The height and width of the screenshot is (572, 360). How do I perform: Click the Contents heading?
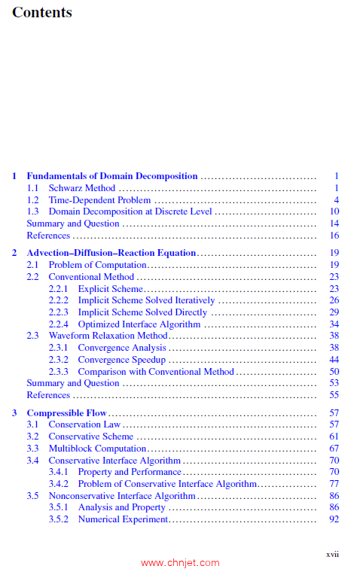click(42, 13)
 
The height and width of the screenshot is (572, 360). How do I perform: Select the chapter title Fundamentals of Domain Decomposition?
click(112, 176)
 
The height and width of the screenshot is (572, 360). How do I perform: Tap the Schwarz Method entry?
click(82, 188)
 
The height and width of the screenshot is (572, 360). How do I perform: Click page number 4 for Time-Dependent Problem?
click(337, 200)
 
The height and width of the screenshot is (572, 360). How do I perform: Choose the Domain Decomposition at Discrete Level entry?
click(130, 211)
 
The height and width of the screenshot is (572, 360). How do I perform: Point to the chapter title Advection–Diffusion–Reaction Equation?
click(111, 253)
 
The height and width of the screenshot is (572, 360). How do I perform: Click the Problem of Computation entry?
click(97, 265)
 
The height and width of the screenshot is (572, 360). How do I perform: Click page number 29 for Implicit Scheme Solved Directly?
click(334, 312)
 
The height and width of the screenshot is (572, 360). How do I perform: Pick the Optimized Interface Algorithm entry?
click(139, 324)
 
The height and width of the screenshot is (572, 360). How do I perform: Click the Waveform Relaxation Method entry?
click(108, 336)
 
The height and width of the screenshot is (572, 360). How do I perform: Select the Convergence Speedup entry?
click(121, 360)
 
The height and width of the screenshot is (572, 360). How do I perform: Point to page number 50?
click(334, 372)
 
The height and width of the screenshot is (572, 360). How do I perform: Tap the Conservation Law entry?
click(85, 424)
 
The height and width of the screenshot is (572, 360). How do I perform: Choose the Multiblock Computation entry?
click(97, 449)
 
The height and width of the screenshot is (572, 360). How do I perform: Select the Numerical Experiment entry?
click(123, 519)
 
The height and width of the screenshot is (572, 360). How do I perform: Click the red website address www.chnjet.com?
click(180, 562)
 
